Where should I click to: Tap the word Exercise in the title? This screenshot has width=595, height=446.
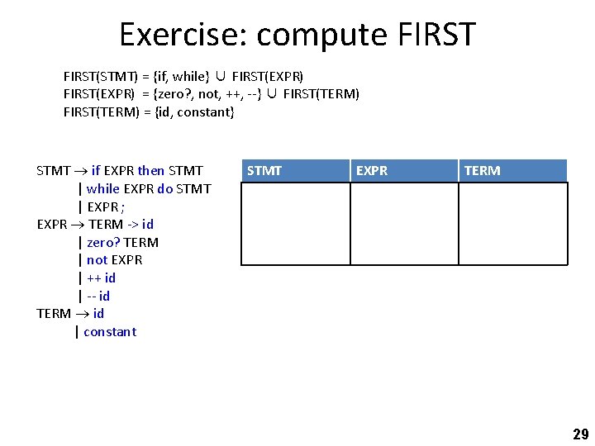point(183,35)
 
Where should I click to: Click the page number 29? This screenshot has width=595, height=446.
point(580,434)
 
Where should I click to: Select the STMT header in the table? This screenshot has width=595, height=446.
point(264,171)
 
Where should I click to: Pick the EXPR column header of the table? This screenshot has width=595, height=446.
point(371,171)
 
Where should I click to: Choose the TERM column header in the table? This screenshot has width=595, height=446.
point(482,171)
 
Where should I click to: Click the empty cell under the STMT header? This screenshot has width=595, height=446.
point(295,223)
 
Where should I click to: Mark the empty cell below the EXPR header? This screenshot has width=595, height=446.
point(404,223)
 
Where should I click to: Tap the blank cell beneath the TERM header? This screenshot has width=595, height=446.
point(513,223)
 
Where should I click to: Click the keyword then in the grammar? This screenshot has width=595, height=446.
point(151,171)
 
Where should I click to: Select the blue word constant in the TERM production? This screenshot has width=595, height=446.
point(110,332)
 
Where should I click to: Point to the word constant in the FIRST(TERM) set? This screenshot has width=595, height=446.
point(206,111)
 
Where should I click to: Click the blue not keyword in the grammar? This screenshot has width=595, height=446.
point(97,260)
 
